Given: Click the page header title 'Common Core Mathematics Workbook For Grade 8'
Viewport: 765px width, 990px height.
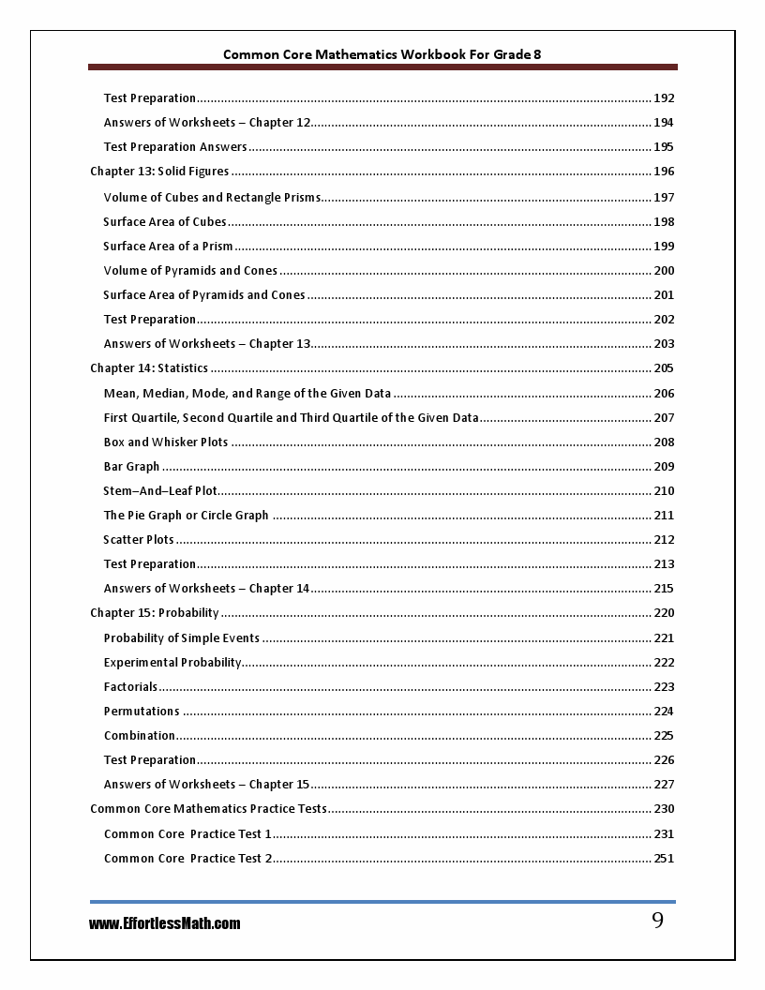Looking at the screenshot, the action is coord(382,54).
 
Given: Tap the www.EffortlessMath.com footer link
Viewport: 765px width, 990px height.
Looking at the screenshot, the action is coord(165,923).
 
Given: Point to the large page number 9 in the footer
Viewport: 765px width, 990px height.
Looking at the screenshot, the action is coord(657,921).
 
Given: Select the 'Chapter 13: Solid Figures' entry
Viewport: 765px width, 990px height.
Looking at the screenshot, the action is coord(159,172).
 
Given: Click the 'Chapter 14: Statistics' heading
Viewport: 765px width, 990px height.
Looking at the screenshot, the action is coord(149,368).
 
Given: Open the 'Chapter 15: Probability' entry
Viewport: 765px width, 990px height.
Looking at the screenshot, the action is coord(155,613).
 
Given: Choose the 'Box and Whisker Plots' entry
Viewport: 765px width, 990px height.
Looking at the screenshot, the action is coord(166,442).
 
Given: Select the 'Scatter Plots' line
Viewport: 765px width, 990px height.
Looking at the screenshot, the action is coord(139,540).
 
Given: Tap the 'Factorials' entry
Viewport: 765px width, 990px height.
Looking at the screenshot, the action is coord(130,687).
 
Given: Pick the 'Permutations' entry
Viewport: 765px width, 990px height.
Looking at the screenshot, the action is coord(142,712).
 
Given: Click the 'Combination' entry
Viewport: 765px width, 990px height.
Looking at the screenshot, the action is coord(140,736).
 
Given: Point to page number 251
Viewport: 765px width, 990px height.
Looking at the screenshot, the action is coord(664,859).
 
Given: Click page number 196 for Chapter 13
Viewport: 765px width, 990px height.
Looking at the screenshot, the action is coord(664,172).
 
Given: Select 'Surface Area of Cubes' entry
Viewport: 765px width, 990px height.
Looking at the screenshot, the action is coord(165,222).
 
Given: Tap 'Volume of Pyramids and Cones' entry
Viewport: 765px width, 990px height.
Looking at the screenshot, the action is coord(190,271).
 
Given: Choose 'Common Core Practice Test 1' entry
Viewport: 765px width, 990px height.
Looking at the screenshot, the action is coord(187,834).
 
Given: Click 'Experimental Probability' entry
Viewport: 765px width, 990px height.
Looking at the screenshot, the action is coord(172,663).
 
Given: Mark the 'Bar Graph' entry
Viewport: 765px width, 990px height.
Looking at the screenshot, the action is coord(131,467).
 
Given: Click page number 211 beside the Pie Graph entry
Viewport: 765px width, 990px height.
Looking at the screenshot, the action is coord(664,516).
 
